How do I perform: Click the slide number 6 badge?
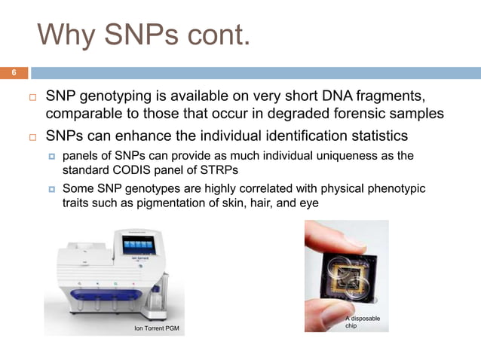(x=13, y=73)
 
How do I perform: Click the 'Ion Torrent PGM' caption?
(x=156, y=329)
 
